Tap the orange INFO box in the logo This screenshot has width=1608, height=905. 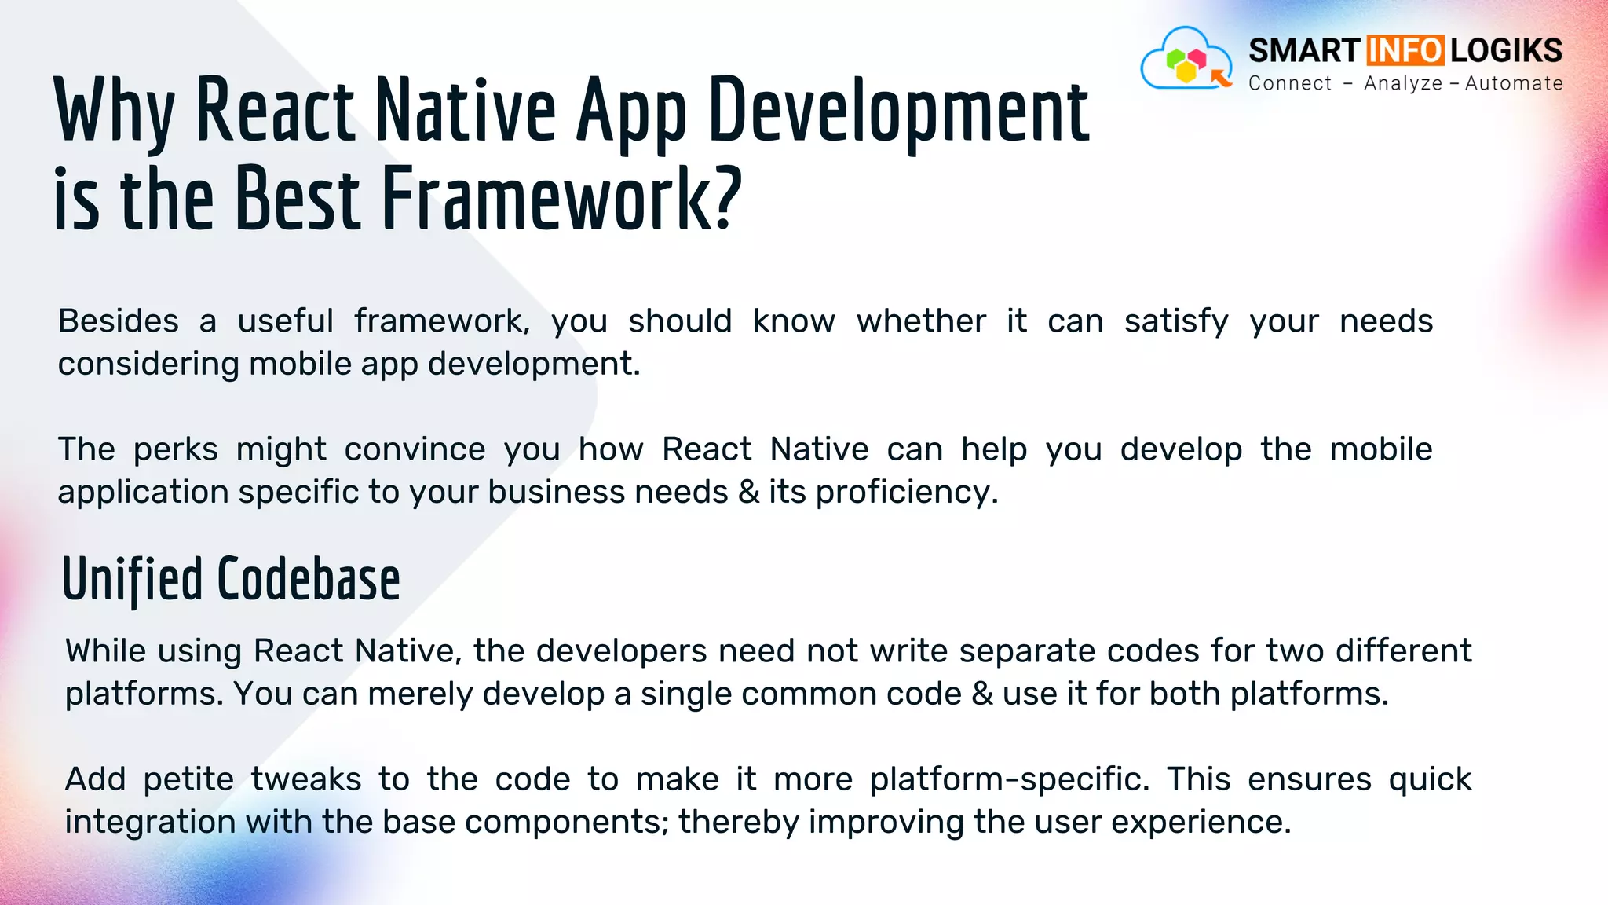(x=1405, y=51)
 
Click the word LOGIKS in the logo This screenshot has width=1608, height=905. (x=1506, y=51)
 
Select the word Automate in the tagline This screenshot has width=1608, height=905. (x=1514, y=83)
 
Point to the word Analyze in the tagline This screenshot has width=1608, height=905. (x=1403, y=83)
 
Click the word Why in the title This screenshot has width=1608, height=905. (x=114, y=112)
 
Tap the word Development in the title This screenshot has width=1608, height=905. (x=898, y=112)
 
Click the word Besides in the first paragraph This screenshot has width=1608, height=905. (x=119, y=321)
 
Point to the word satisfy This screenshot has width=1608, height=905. (x=1175, y=321)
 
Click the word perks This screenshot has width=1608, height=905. (x=176, y=449)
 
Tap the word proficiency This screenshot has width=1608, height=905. (x=906, y=493)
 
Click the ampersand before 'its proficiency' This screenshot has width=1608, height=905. (x=748, y=493)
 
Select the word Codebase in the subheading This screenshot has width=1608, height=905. (x=308, y=580)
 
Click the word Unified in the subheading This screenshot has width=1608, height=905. (x=132, y=580)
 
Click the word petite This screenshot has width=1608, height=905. (x=188, y=779)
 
